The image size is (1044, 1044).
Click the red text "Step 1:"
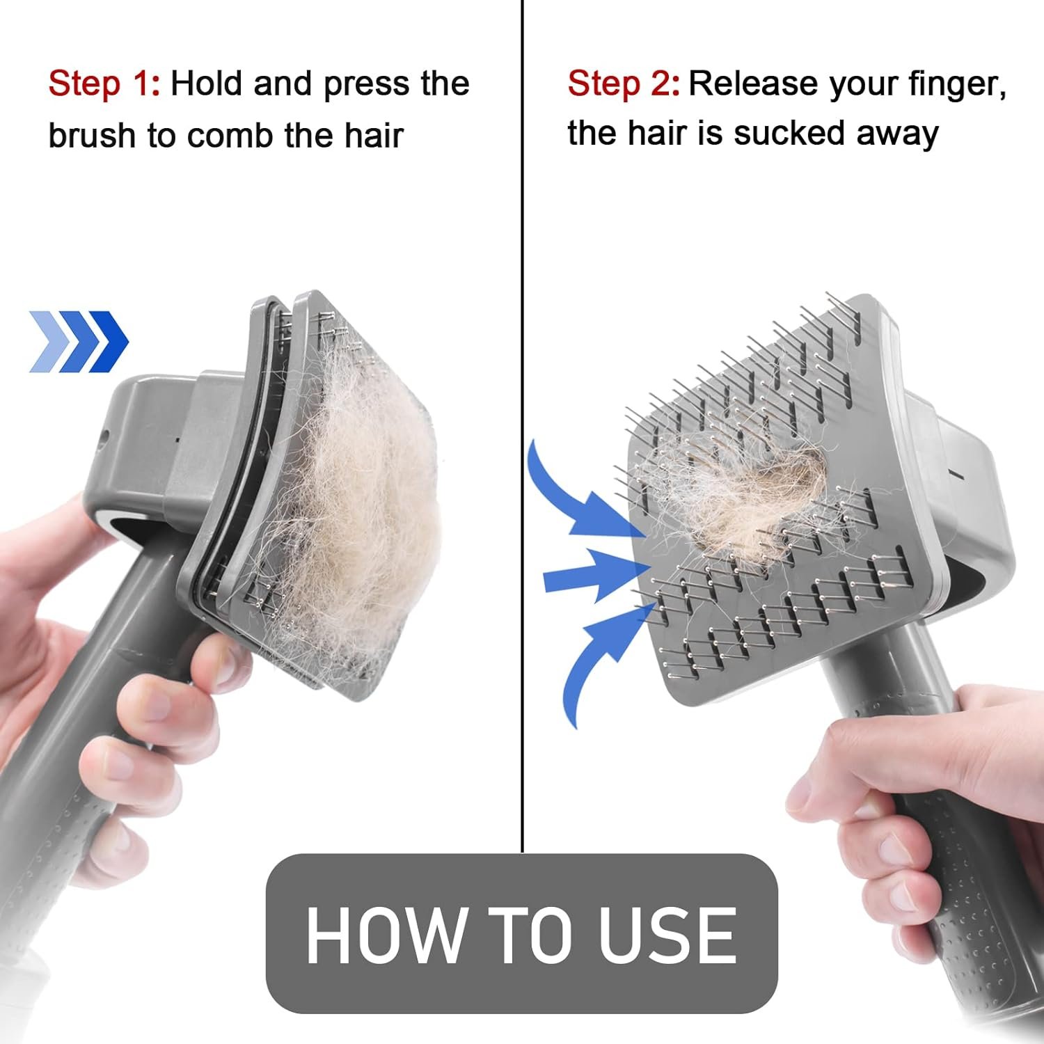pyautogui.click(x=104, y=84)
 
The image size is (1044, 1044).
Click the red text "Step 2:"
pyautogui.click(x=624, y=84)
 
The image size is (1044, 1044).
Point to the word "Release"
pyautogui.click(x=752, y=84)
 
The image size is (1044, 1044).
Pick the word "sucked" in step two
pyautogui.click(x=789, y=133)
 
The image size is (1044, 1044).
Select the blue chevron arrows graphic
pyautogui.click(x=79, y=341)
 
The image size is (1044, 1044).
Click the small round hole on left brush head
pyautogui.click(x=104, y=438)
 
